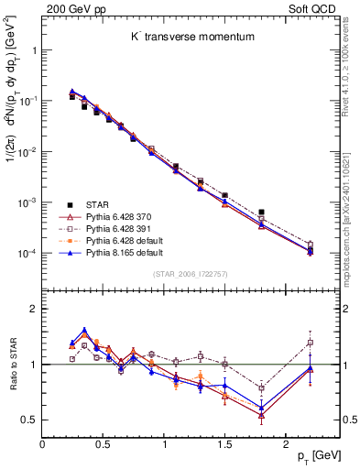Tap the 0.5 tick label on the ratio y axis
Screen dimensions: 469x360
27,420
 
